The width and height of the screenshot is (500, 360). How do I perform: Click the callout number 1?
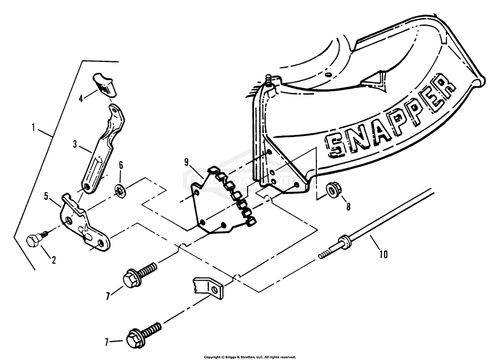coord(33,128)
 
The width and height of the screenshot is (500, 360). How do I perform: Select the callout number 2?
coord(54,259)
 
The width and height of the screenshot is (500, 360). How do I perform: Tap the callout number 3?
coord(76,143)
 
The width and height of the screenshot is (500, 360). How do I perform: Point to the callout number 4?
coord(81,98)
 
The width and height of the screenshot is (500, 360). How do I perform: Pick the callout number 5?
coord(46,196)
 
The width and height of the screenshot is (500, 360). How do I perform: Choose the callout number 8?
coord(348,206)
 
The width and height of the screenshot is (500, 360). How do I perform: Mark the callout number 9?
coord(186,162)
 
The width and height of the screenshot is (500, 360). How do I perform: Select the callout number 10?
coord(384,255)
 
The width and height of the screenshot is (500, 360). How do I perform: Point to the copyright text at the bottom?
coord(250,357)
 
